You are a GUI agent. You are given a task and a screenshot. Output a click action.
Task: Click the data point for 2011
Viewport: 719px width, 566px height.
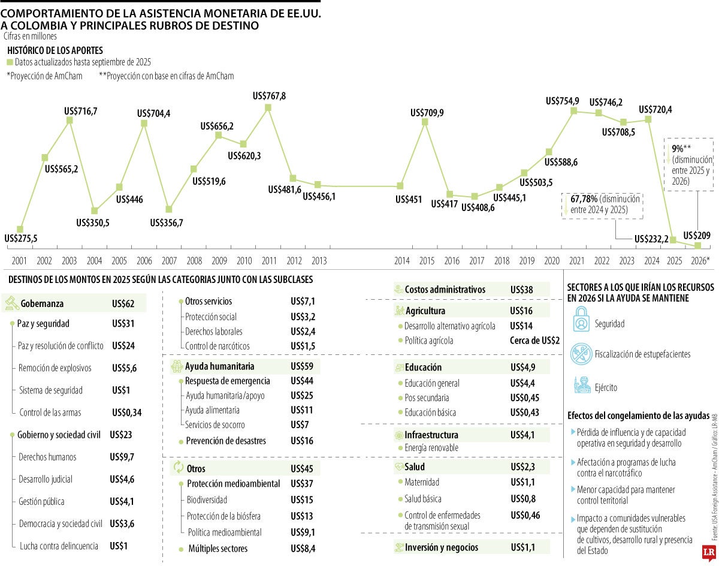pos(268,107)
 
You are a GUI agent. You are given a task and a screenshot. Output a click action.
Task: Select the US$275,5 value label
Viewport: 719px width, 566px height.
pos(20,238)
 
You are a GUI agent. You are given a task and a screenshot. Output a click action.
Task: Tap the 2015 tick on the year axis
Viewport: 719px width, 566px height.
pos(427,260)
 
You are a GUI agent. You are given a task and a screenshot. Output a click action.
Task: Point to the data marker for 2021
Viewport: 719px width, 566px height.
pos(574,110)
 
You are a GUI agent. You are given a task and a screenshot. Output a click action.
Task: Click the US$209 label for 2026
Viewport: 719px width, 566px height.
pos(696,235)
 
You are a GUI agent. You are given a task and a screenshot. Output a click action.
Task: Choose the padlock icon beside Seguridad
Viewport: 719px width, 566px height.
pos(581,319)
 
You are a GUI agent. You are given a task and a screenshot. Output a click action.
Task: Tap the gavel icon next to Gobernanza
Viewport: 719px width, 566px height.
pos(11,303)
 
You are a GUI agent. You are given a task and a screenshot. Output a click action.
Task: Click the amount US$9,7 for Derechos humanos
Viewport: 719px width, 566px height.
pos(122,456)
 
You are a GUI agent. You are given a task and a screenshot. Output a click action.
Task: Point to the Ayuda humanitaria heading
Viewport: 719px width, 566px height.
pos(219,366)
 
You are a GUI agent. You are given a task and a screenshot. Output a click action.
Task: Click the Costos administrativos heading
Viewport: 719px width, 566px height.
pos(444,289)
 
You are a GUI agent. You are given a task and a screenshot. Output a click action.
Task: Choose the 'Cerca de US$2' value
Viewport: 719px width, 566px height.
pos(534,340)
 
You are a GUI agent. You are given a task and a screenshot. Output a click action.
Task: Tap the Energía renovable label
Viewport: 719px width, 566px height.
pos(431,447)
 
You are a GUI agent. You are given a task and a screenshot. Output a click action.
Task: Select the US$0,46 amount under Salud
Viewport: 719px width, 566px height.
pos(524,515)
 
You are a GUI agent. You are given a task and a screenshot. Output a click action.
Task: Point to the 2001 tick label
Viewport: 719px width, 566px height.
pos(19,260)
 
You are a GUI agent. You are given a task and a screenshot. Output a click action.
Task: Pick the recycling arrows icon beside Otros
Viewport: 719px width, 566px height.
pos(178,468)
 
